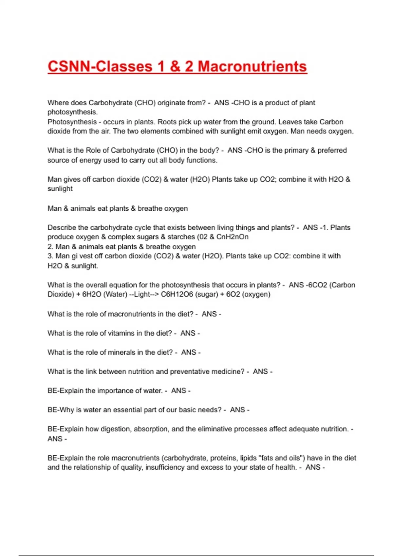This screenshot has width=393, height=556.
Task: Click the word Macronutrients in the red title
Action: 252,66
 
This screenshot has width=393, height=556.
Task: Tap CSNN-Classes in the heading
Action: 100,66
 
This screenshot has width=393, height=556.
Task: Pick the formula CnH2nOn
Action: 232,237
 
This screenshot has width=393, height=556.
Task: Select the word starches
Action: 181,237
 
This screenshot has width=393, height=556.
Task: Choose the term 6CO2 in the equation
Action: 317,285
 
